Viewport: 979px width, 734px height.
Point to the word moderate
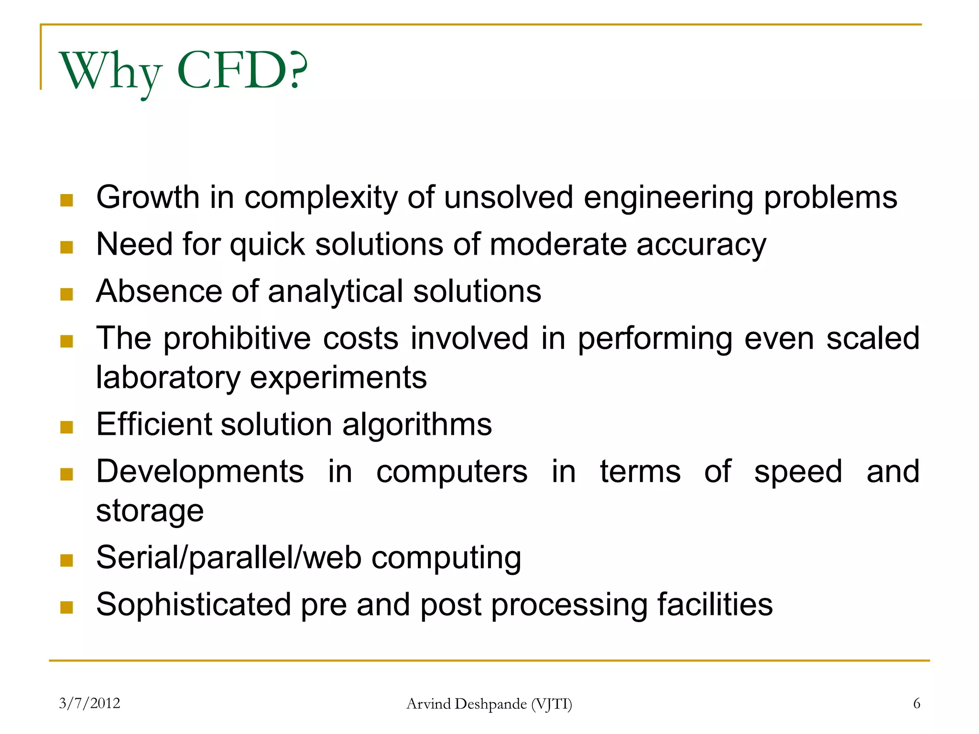pos(558,244)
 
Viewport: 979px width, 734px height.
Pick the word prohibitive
pos(237,338)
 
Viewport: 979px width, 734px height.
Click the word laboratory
pos(168,378)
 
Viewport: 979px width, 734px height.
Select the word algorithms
pos(417,425)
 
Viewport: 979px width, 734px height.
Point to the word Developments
pos(200,472)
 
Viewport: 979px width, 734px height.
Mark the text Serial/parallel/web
pos(228,558)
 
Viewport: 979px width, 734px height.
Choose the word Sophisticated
pos(194,604)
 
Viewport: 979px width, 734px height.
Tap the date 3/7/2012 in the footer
pos(89,703)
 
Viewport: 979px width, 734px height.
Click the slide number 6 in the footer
pos(916,703)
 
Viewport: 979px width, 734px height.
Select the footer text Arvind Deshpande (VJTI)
pos(489,703)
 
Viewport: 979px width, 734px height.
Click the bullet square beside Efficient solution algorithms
pos(67,426)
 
